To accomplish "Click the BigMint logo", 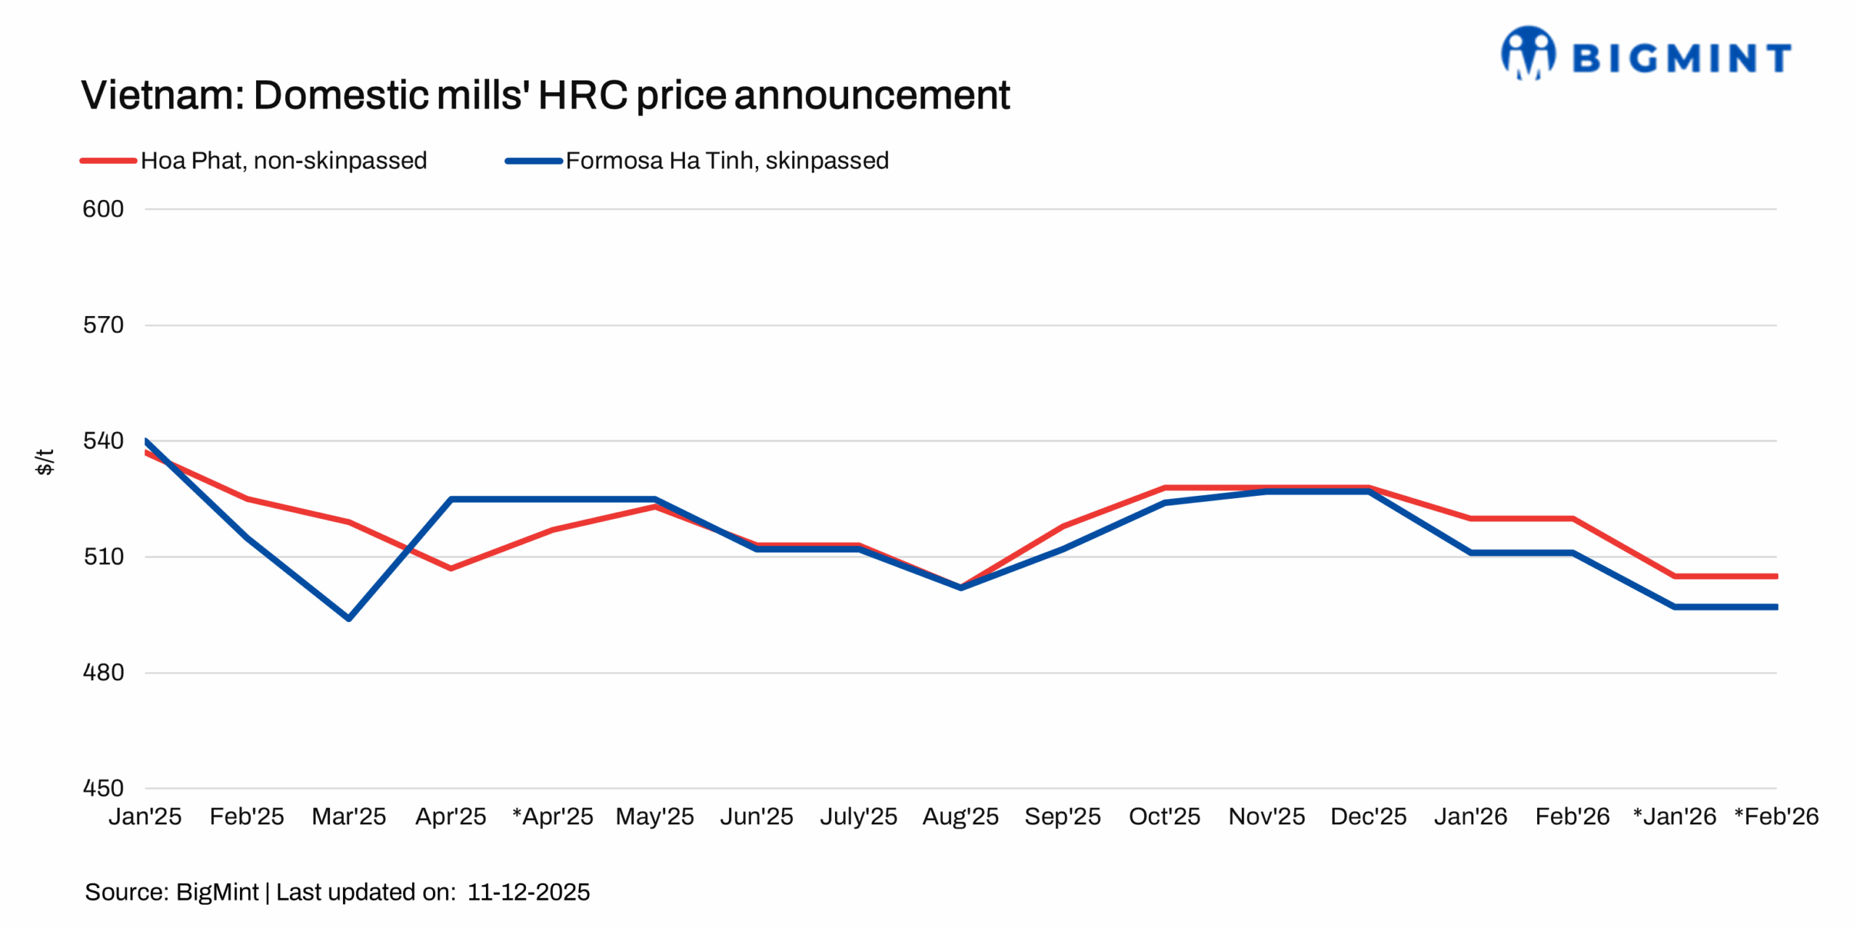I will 1645,54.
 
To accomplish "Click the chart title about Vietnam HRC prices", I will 545,95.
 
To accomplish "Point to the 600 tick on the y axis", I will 103,209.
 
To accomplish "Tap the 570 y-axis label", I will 103,325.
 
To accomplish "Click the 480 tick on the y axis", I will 103,673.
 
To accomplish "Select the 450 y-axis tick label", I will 103,788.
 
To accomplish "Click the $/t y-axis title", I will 44,461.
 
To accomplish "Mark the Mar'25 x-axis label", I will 349,817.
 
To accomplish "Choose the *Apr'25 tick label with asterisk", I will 553,817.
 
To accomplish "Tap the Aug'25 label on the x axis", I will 960,817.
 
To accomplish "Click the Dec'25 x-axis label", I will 1368,817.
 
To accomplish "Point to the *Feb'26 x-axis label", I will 1776,817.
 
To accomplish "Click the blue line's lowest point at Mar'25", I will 349,618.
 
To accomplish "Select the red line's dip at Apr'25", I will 451,568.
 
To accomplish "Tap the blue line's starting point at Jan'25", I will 147,441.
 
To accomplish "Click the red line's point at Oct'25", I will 1165,488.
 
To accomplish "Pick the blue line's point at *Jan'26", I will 1675,607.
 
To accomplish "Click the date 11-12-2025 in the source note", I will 528,892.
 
